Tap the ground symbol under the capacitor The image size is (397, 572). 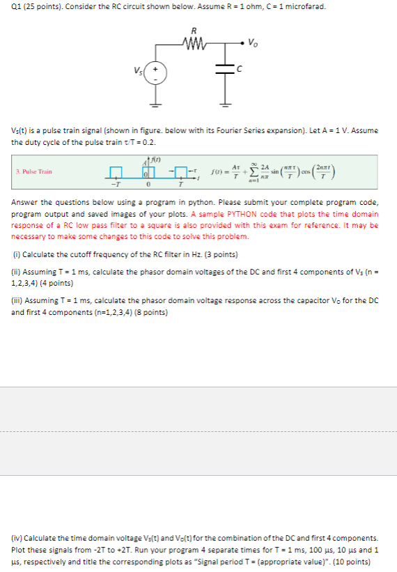[x=223, y=105]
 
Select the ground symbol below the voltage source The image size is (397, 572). [x=155, y=105]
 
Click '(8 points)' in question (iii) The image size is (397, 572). [x=145, y=312]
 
